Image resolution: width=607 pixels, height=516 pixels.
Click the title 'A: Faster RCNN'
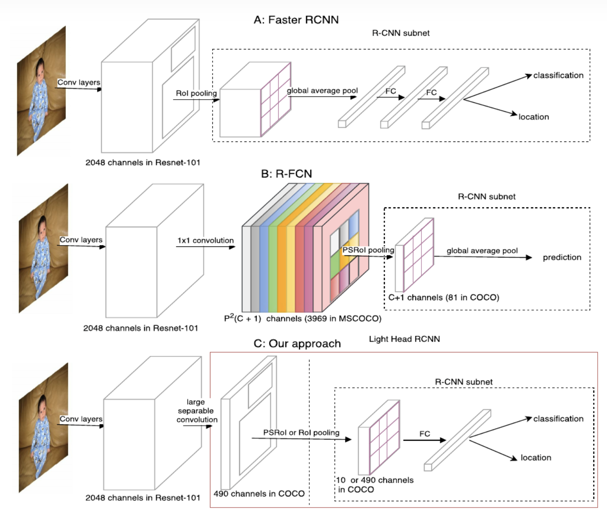point(296,20)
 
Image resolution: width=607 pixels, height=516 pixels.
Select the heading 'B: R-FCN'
point(286,173)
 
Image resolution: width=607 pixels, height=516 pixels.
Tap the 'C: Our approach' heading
point(297,343)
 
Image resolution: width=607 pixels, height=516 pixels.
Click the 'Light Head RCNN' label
point(404,339)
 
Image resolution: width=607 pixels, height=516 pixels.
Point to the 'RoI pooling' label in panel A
point(196,93)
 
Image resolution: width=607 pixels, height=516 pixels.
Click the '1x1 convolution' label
point(205,240)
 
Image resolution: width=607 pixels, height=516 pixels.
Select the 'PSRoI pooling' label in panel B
point(368,250)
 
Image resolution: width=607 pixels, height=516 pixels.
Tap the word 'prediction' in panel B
point(562,257)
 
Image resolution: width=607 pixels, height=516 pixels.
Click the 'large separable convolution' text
point(196,411)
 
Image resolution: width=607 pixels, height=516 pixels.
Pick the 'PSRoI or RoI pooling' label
point(301,432)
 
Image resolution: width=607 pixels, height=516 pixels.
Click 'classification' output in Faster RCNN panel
point(558,76)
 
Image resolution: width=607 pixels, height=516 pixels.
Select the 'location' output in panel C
point(536,458)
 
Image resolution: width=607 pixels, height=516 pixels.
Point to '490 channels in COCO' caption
point(259,493)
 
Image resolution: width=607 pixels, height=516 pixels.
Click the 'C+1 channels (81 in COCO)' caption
point(443,297)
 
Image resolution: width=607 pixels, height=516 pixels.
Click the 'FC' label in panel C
point(425,434)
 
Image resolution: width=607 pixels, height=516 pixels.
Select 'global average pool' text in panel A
point(322,91)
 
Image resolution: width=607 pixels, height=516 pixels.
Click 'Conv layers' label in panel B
point(81,240)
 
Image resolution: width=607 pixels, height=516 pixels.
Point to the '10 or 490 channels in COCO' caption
point(374,484)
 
